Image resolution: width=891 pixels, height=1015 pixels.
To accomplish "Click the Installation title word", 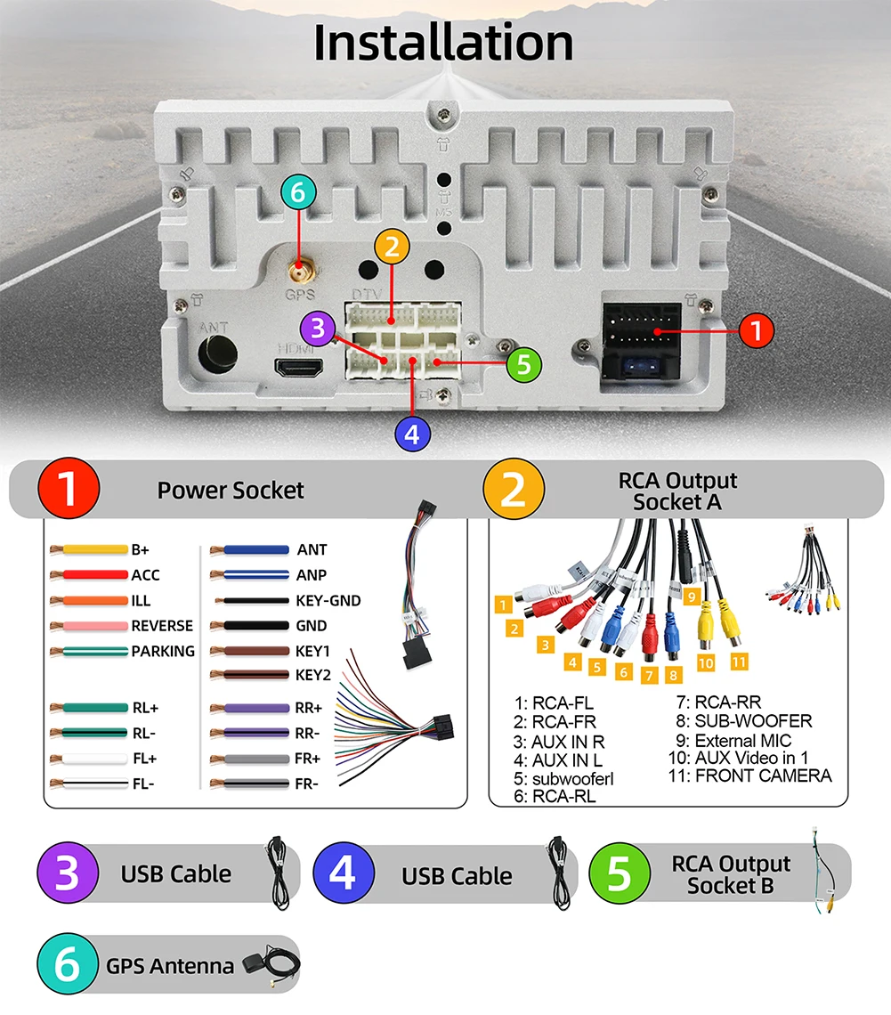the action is (x=442, y=43).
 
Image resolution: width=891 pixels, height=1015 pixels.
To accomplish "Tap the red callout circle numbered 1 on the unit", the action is (x=756, y=331).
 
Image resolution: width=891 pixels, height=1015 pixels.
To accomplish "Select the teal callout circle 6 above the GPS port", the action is (x=297, y=192).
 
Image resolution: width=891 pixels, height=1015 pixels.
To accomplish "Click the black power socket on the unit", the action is (x=642, y=338).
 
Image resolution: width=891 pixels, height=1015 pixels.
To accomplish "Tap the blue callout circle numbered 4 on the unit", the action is (x=411, y=434).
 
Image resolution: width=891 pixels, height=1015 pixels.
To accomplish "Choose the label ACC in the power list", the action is (x=146, y=575).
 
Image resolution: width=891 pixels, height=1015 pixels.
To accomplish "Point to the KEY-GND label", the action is (x=328, y=601).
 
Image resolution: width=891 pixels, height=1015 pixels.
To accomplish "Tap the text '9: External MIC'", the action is (x=733, y=740).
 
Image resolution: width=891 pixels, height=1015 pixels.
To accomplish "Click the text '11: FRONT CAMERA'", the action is (x=749, y=775).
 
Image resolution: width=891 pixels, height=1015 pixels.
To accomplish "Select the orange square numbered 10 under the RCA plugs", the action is (x=706, y=663).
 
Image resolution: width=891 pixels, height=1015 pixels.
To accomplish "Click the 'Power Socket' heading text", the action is (x=231, y=490).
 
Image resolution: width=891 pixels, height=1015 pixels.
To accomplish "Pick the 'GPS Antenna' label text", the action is (x=170, y=966).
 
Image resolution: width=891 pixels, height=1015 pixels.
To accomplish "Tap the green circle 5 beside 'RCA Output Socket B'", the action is (x=619, y=874).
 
